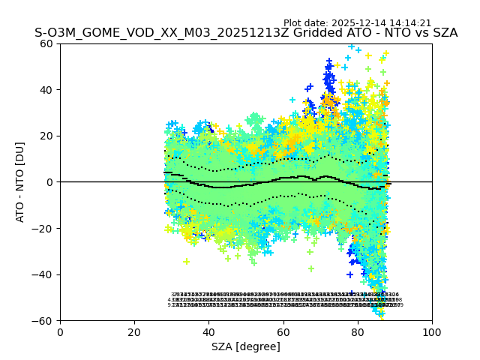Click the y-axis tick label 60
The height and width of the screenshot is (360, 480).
47,43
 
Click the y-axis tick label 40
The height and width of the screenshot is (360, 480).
47,89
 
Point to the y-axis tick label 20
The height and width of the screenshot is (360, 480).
47,136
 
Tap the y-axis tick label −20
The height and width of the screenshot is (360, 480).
44,228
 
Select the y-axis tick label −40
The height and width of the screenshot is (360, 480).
44,274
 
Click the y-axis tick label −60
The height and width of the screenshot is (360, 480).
44,321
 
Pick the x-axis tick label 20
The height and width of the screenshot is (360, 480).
134,331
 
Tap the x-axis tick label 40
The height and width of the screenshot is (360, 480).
208,331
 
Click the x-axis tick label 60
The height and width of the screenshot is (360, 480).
283,331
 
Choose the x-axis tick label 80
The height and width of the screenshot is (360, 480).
358,331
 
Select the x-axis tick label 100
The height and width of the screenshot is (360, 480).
432,331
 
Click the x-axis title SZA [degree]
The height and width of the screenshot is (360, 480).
246,346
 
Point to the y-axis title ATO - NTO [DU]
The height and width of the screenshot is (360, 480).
21,181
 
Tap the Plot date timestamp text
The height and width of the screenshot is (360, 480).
357,23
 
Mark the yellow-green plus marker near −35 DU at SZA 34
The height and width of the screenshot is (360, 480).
186,261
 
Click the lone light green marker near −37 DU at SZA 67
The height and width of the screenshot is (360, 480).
310,268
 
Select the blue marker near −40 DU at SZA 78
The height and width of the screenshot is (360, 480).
349,274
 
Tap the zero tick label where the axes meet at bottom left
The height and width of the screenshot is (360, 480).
60,331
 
